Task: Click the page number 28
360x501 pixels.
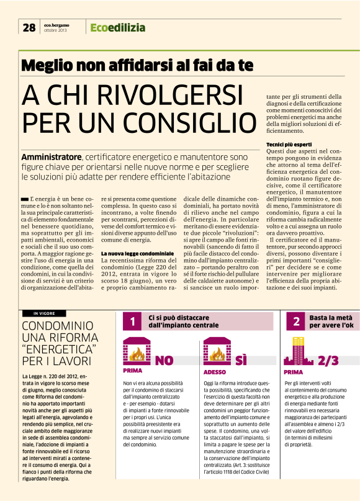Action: coord(29,27)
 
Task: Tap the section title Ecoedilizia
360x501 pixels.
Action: coord(118,27)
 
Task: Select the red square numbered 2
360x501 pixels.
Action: coord(297,322)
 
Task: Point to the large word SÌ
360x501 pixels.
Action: coord(241,361)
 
